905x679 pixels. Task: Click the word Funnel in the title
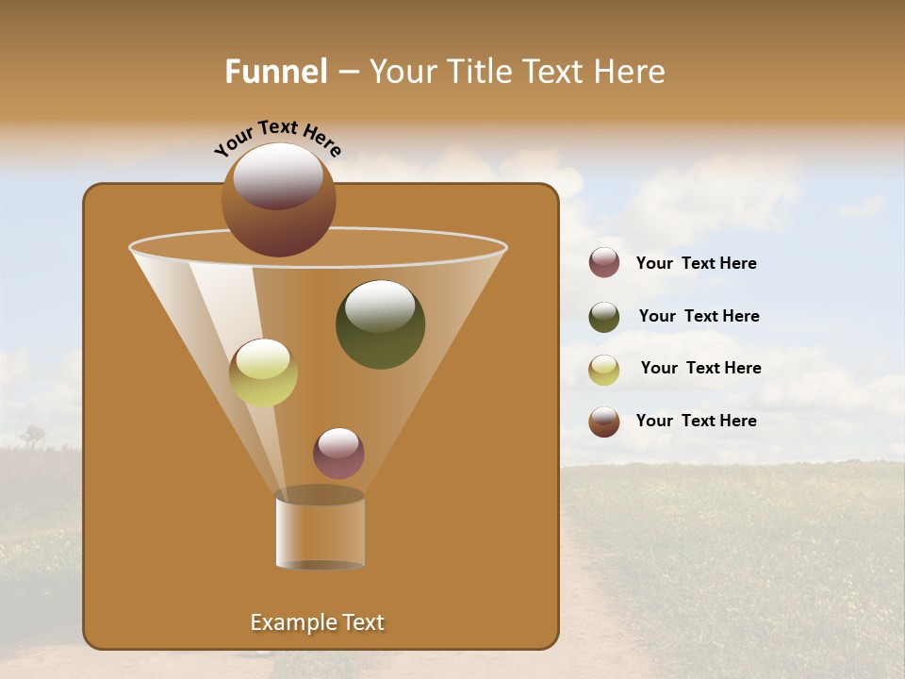tap(276, 72)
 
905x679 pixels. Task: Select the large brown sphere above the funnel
tap(279, 199)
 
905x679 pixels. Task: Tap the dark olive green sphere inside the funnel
tap(380, 324)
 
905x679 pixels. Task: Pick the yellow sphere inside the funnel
tap(263, 373)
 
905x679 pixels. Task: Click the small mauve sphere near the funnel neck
tap(338, 454)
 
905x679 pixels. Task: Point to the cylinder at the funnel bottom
tap(320, 530)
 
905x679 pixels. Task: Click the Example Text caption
tap(317, 622)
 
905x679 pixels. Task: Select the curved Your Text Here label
tap(278, 140)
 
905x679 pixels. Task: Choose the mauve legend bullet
tap(604, 263)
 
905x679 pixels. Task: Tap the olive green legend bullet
tap(604, 317)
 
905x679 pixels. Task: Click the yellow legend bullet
tap(604, 370)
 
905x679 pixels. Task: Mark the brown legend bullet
tap(604, 422)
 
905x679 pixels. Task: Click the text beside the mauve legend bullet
tap(696, 264)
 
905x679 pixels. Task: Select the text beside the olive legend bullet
tap(699, 317)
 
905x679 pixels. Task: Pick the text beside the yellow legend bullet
tap(700, 369)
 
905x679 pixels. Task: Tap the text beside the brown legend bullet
tap(696, 421)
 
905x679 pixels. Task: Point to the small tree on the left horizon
tap(34, 436)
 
